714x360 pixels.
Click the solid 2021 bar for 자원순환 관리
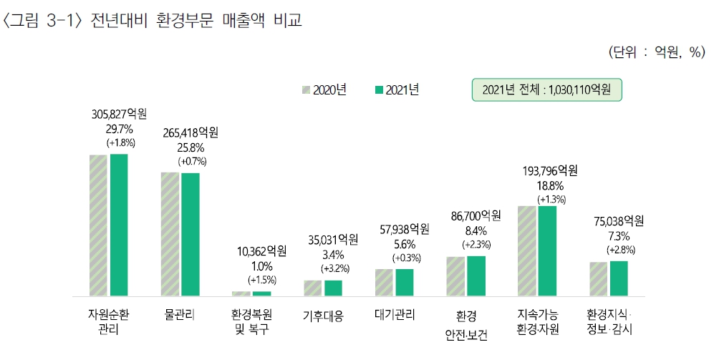(119, 225)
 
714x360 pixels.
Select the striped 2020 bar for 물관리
(170, 234)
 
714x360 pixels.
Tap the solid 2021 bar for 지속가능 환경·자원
(547, 250)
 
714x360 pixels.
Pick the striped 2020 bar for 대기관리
(384, 282)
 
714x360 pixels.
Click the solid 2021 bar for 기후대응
(333, 288)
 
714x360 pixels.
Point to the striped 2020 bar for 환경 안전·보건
(455, 276)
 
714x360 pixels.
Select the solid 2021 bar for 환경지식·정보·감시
(619, 278)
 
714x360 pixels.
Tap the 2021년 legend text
(402, 89)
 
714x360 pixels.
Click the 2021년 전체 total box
(546, 89)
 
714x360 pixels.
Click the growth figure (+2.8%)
(620, 249)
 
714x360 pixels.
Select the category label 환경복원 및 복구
(251, 322)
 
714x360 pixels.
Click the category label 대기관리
(395, 314)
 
